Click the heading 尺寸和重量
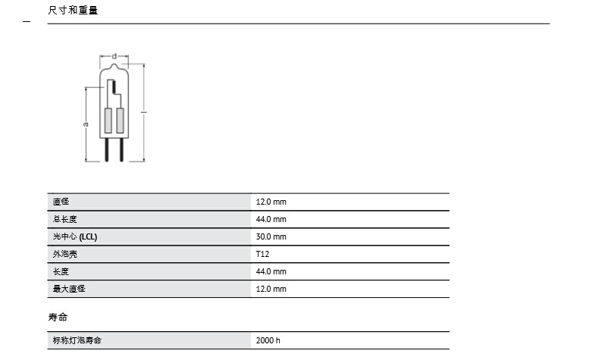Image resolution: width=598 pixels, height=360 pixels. pos(73,11)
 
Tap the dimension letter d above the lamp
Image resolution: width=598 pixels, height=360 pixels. pos(114,56)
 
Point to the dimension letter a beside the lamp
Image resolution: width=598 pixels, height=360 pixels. pos(86,124)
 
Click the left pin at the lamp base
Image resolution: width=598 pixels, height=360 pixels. pos(107,149)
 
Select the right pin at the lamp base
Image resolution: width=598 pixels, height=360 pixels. pos(122,149)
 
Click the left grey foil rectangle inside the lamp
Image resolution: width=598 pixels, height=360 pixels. pos(108,121)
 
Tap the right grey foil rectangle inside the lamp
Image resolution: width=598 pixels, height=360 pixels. pos(121,121)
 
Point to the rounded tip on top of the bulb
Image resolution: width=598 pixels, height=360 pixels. pos(114,66)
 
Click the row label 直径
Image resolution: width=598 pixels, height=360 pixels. pos(61,202)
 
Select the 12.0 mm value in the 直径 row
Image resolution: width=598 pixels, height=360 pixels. pos(271,202)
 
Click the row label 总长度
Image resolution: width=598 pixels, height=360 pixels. pos(65,219)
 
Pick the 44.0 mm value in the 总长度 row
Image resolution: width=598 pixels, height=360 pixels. pos(271,219)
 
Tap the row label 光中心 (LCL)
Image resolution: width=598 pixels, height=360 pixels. pos(75,236)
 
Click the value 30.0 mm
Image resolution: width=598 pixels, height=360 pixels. pos(271,236)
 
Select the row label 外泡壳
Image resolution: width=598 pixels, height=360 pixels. pos(65,254)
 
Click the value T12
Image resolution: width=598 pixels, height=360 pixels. pos(263,254)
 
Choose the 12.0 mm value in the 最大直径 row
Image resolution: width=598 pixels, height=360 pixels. pos(271,289)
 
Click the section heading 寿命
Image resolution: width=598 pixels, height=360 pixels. pos(58,318)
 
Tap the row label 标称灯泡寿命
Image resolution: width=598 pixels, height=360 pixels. pos(77,340)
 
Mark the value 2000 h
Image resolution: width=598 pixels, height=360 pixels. pos(268,340)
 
